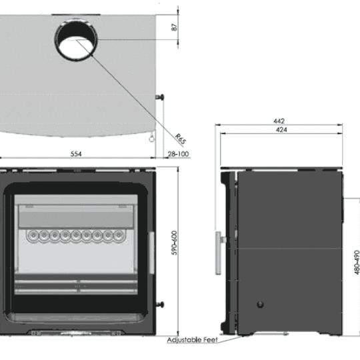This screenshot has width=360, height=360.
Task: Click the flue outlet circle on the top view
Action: [x=76, y=40]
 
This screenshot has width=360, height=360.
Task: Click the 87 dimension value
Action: [x=174, y=27]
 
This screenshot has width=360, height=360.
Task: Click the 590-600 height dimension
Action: [x=175, y=247]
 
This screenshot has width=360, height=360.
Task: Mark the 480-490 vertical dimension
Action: [x=356, y=263]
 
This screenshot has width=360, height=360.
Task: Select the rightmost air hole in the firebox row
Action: [x=121, y=235]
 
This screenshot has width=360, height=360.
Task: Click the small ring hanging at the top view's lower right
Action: [x=151, y=140]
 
